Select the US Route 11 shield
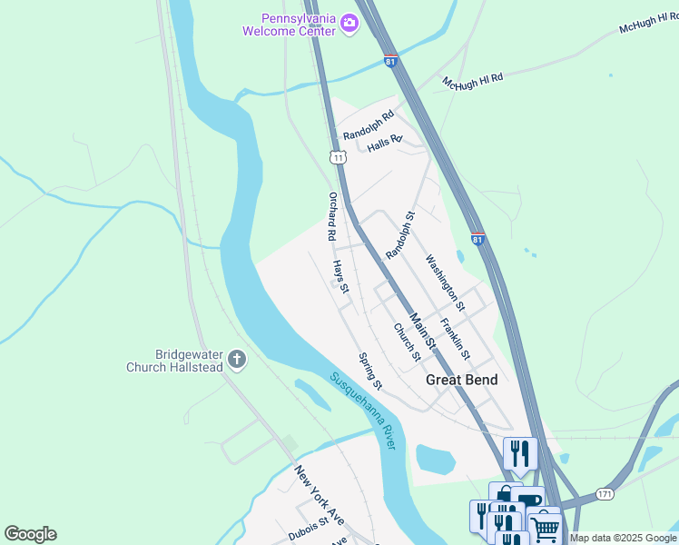(x=338, y=157)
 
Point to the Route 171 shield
(x=605, y=493)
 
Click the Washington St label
(x=445, y=282)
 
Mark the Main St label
(x=422, y=332)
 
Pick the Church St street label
(x=407, y=342)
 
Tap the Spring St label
(x=370, y=372)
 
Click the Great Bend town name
(x=462, y=380)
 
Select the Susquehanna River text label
(x=363, y=411)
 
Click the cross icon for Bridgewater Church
(x=237, y=360)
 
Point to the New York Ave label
(x=319, y=495)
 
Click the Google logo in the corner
(x=30, y=534)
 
